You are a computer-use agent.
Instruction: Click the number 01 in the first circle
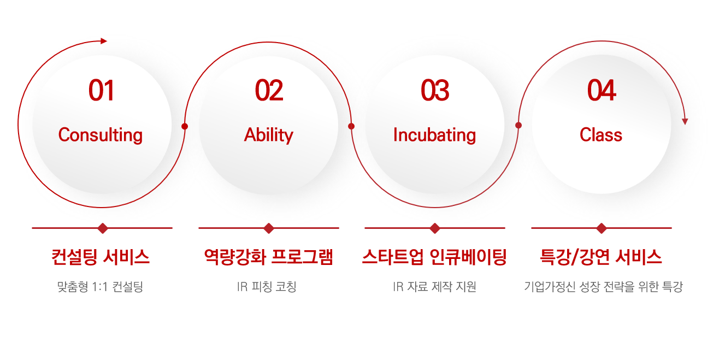point(102,91)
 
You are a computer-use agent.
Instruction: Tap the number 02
point(269,91)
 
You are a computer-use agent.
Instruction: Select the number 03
point(435,91)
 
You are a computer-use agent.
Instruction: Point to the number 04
point(602,91)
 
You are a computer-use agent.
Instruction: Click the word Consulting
point(101,135)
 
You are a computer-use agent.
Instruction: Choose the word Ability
point(269,135)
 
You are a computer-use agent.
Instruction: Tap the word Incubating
point(434,135)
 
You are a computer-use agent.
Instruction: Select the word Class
point(601,135)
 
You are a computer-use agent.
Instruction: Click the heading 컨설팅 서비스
point(101,257)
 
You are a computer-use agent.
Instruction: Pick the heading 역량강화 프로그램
point(268,257)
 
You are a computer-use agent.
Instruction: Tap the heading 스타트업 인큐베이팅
point(434,257)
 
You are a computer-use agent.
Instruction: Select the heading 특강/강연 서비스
point(601,257)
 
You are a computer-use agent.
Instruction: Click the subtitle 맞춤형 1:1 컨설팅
point(100,287)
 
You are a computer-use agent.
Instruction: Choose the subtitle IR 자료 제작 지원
point(434,287)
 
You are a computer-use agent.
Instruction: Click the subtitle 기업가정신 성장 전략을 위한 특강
point(603,287)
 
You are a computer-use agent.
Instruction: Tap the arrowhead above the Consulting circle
point(104,41)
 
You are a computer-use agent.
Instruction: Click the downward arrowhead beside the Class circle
point(685,121)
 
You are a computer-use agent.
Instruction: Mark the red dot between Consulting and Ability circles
point(185,126)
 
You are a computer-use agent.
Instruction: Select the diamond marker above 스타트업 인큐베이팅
point(435,228)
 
